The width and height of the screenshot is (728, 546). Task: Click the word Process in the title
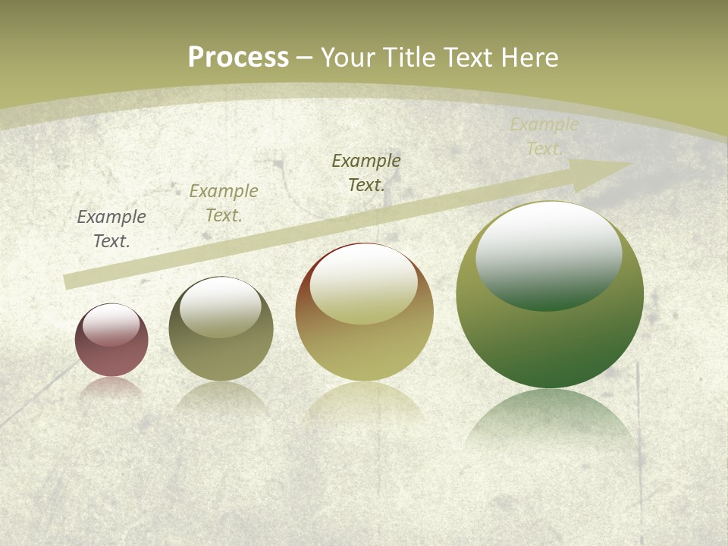pos(238,58)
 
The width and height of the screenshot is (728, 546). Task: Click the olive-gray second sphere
pos(221,356)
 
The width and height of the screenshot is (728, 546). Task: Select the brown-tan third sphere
pos(364,349)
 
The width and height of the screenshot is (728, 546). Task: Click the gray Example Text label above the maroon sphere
pos(111,229)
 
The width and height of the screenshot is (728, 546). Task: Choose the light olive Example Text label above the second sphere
pos(224,203)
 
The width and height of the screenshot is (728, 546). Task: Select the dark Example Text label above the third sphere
pos(366,173)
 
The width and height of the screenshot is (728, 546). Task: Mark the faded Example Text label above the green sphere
pos(544,136)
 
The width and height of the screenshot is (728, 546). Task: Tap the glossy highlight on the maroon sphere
pos(111,324)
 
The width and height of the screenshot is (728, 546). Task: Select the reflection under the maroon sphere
pos(111,388)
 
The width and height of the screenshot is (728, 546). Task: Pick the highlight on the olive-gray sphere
pos(221,305)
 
